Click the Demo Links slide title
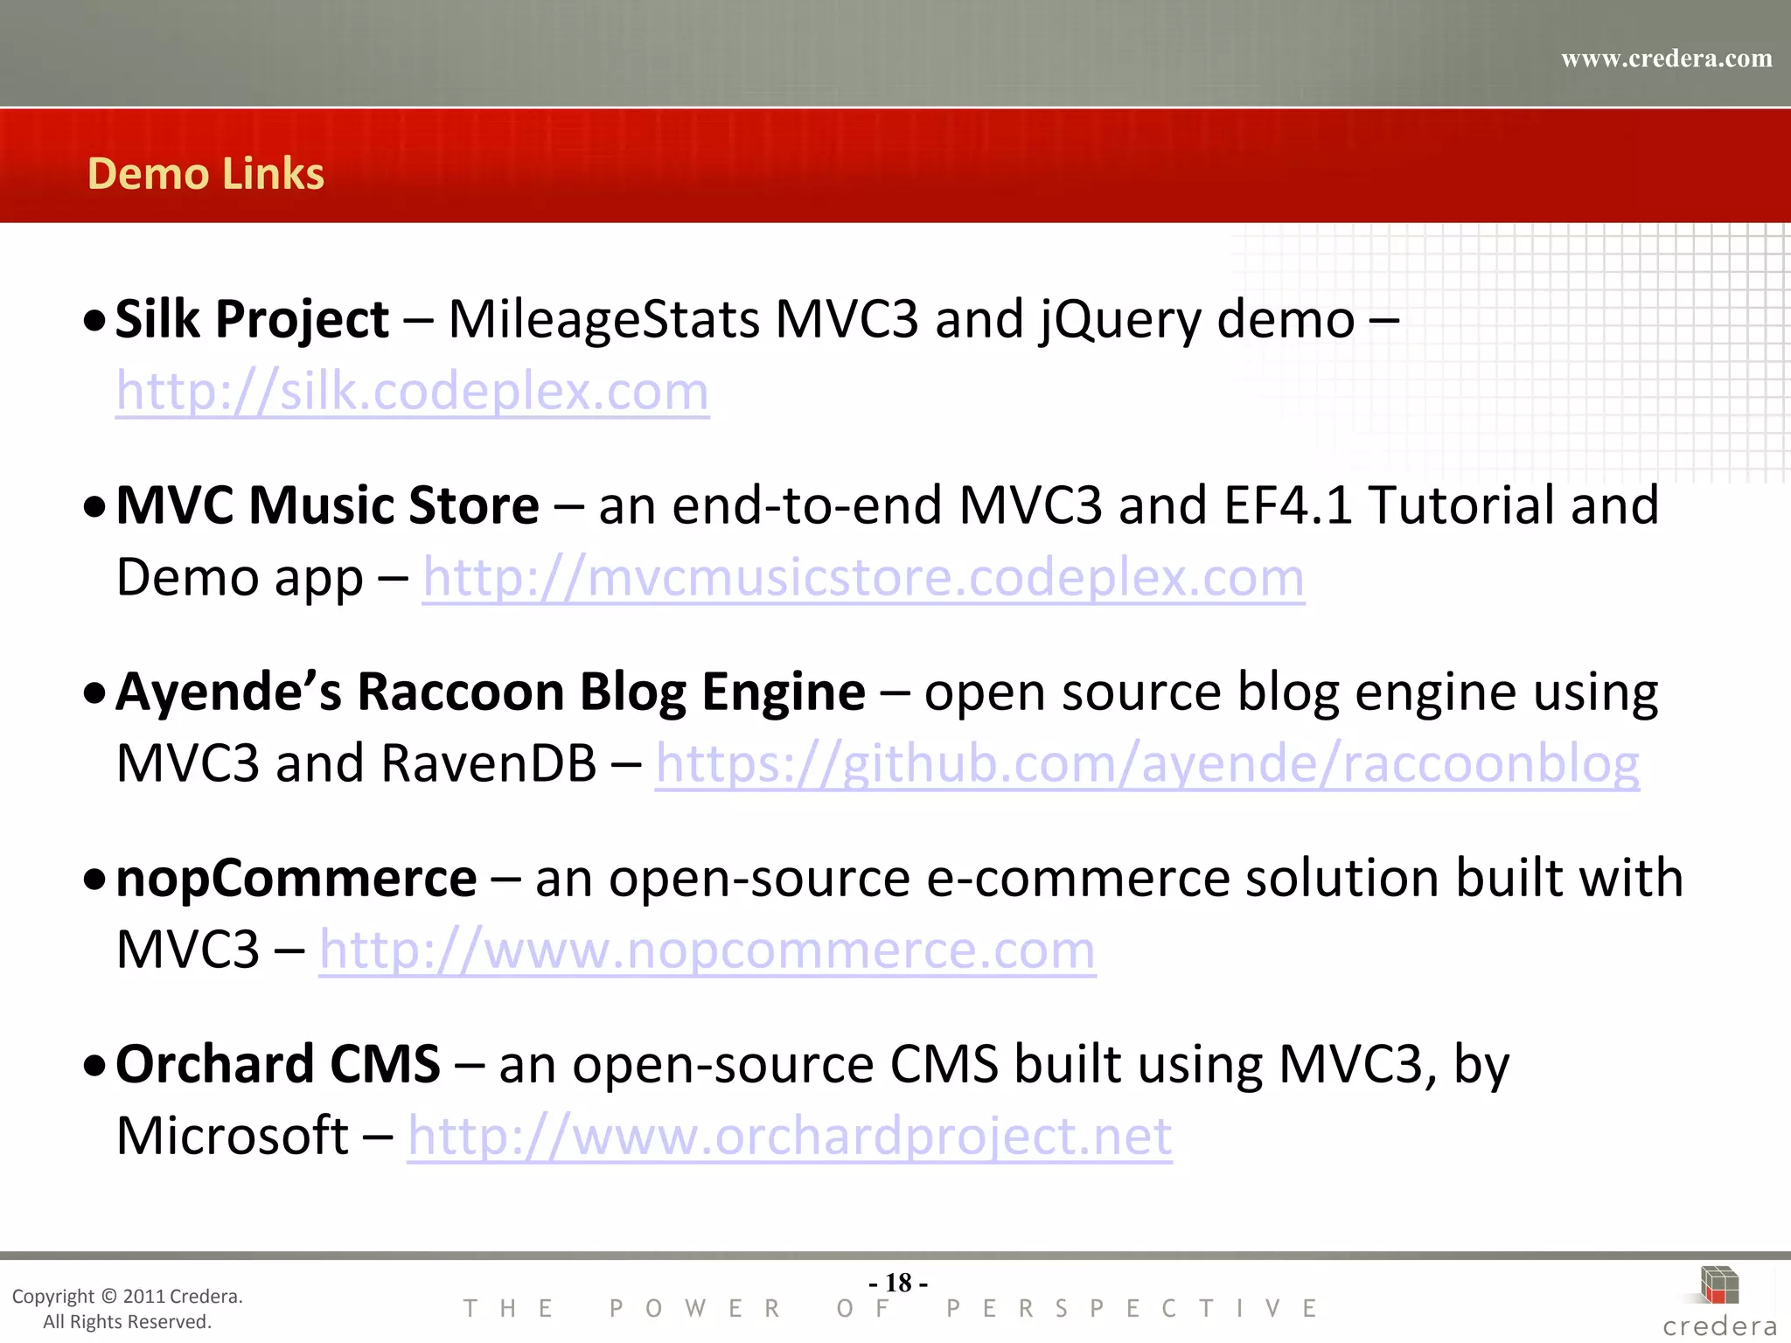206,173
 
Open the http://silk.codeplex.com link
412,391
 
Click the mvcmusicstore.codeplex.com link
863,578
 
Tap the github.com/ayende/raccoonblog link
1146,764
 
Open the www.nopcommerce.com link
707,950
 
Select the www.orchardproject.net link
789,1137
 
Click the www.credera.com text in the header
1666,59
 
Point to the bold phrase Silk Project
252,319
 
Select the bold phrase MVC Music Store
327,505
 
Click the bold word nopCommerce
296,878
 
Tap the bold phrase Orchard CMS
277,1064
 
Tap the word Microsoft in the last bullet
233,1137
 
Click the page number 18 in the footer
898,1283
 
